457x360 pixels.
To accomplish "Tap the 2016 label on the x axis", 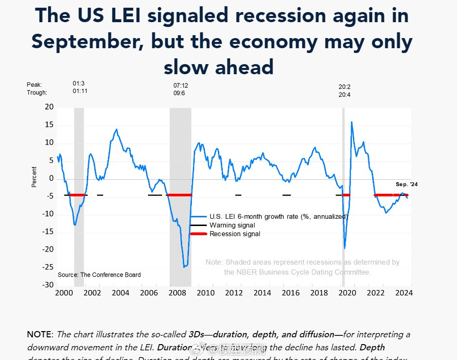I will (x=291, y=293).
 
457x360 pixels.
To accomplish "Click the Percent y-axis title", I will (x=34, y=177).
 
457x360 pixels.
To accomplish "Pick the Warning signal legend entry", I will (x=232, y=225).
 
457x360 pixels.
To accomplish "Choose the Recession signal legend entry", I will (x=234, y=234).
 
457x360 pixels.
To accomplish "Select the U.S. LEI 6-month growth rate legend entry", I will (x=278, y=216).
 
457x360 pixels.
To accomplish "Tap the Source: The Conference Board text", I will (x=99, y=275).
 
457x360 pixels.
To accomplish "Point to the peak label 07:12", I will (x=181, y=86).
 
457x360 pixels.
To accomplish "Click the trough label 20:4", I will (x=345, y=95).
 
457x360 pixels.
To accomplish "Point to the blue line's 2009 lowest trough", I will (x=185, y=267).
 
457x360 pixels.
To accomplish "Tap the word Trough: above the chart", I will (x=37, y=93).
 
